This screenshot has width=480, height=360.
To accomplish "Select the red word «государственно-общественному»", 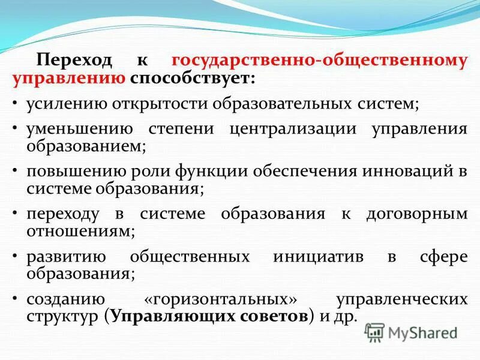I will (319, 61).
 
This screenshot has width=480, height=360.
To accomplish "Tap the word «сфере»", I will (443, 257).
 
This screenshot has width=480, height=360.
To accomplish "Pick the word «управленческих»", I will (401, 299).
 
